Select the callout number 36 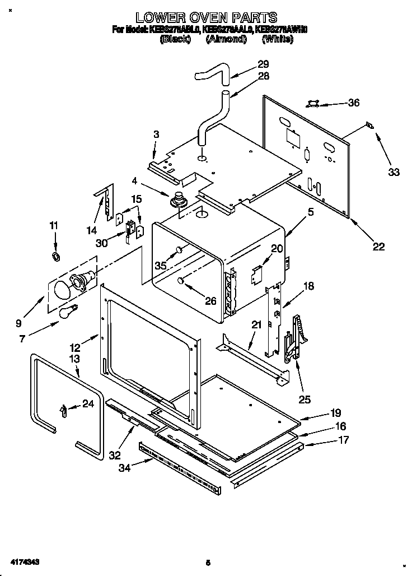click(x=353, y=103)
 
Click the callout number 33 click(x=394, y=172)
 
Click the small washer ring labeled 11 click(x=56, y=256)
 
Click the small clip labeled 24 click(x=62, y=411)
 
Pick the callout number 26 click(x=210, y=301)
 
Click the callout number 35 click(x=161, y=266)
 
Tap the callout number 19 click(x=335, y=412)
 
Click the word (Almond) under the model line click(x=226, y=39)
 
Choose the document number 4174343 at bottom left click(x=24, y=561)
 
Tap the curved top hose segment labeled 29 click(x=213, y=73)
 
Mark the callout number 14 click(x=91, y=230)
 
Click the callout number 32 click(x=115, y=456)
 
